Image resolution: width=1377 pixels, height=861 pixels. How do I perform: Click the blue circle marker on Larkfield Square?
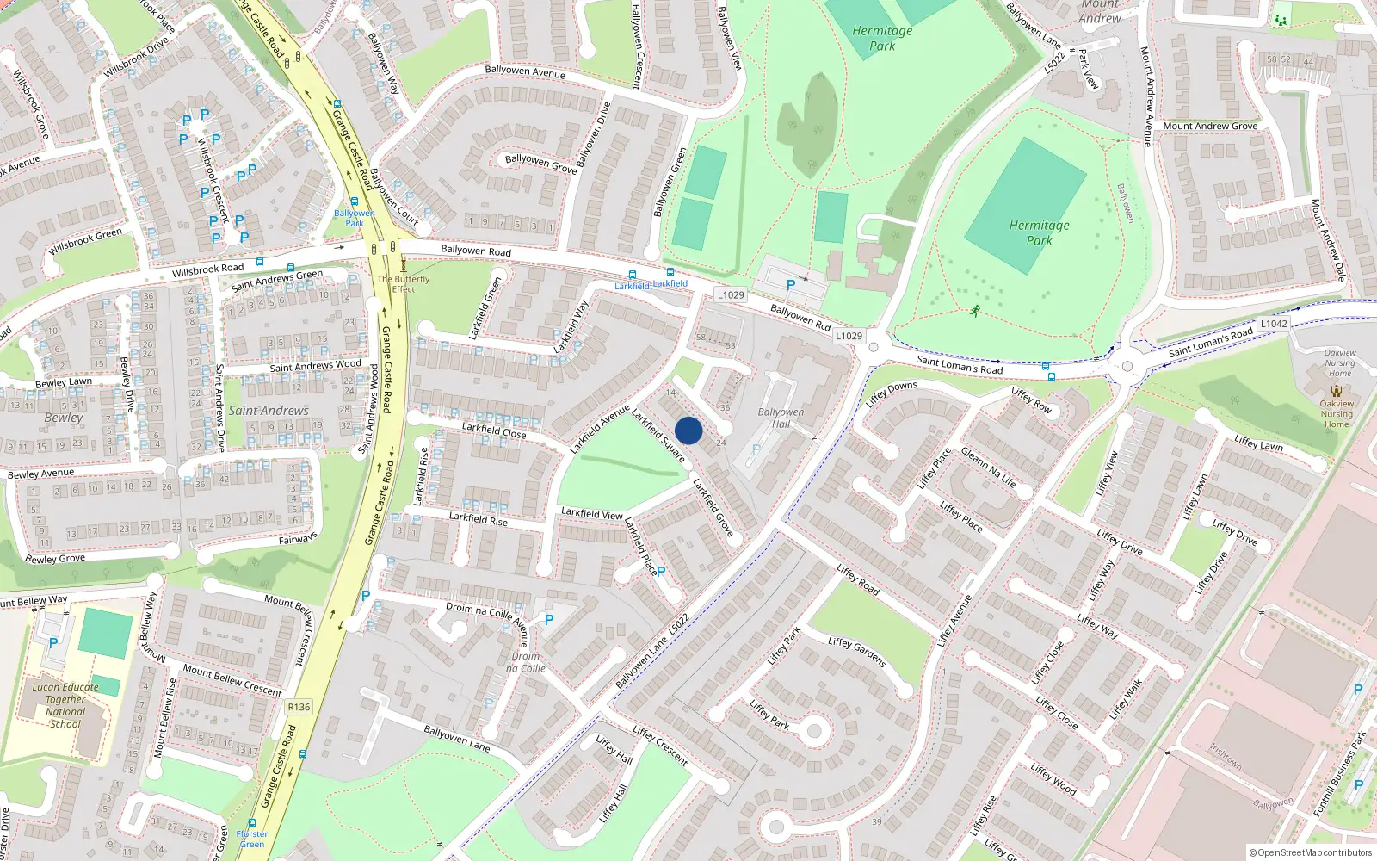[x=688, y=430]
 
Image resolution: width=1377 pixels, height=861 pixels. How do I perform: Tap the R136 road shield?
[x=299, y=707]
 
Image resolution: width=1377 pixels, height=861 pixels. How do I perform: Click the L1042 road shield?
[x=1274, y=324]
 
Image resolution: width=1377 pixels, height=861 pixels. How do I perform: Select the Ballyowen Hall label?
[x=781, y=418]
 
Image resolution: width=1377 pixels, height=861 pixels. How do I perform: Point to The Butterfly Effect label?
[x=403, y=284]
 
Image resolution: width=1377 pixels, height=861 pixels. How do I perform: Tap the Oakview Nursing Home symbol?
[x=1337, y=390]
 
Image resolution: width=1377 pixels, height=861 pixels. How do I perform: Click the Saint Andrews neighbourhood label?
[x=269, y=411]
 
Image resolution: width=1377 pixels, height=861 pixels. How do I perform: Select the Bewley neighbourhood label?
[x=64, y=418]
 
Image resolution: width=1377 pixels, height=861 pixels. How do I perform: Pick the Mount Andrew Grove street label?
[x=1210, y=126]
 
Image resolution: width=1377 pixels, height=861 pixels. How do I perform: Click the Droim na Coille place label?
[x=525, y=662]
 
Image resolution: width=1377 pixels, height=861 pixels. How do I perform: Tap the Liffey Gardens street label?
[x=857, y=652]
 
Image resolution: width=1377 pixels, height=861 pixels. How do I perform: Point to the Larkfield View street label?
[x=592, y=513]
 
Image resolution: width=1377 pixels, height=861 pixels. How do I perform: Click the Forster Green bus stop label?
[x=252, y=839]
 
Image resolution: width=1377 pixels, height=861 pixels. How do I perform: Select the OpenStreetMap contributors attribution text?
[x=1311, y=853]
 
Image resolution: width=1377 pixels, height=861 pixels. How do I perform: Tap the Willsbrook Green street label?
[x=86, y=241]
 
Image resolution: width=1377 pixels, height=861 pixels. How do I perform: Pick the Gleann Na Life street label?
[x=989, y=468]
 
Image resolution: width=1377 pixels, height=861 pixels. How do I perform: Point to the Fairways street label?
[x=298, y=539]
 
